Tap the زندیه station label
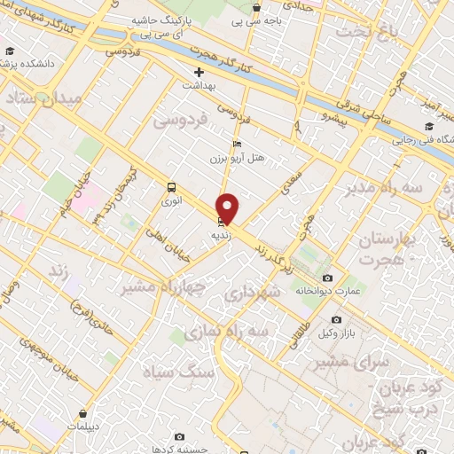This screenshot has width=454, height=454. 221,237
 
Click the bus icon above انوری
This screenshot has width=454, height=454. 171,187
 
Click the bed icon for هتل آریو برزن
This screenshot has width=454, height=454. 236,144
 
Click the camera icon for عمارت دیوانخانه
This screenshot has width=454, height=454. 327,278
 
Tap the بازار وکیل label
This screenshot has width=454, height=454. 337,332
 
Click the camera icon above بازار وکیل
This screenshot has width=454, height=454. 336,318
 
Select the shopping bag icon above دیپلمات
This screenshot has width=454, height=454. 82,413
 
